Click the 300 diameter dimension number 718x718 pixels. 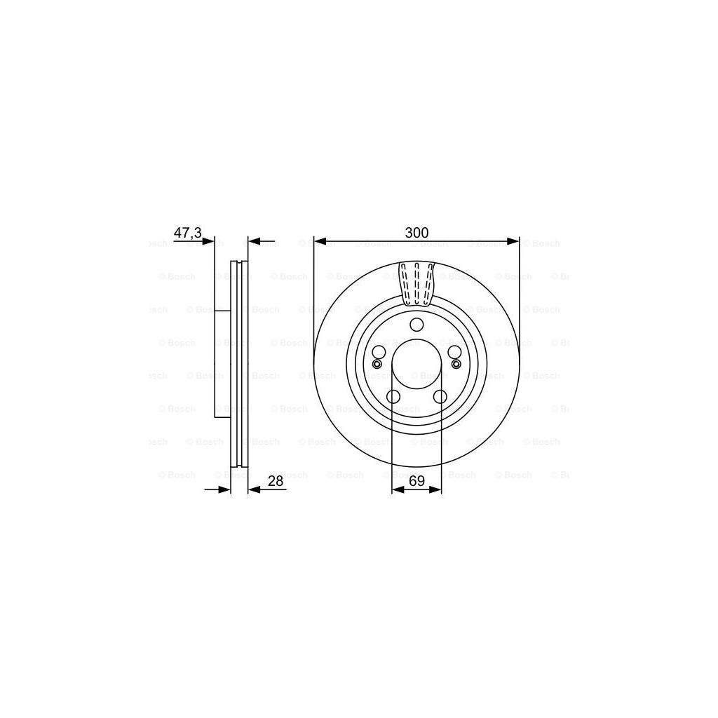(x=416, y=233)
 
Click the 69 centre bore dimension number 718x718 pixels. (x=416, y=480)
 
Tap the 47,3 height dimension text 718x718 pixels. (x=187, y=233)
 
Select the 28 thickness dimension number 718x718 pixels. (x=275, y=480)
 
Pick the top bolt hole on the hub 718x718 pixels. (x=416, y=325)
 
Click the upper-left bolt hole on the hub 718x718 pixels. (x=379, y=352)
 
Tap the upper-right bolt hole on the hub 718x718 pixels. (x=454, y=352)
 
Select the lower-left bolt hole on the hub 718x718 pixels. (x=393, y=397)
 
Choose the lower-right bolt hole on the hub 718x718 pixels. (x=440, y=397)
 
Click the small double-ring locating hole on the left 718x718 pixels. (x=377, y=364)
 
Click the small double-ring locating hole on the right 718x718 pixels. (x=456, y=364)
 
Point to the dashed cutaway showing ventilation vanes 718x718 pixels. (x=416, y=284)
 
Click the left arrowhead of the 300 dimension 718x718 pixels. (x=320, y=242)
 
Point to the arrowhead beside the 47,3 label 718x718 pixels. (x=208, y=242)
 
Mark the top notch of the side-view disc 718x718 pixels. (x=239, y=264)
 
